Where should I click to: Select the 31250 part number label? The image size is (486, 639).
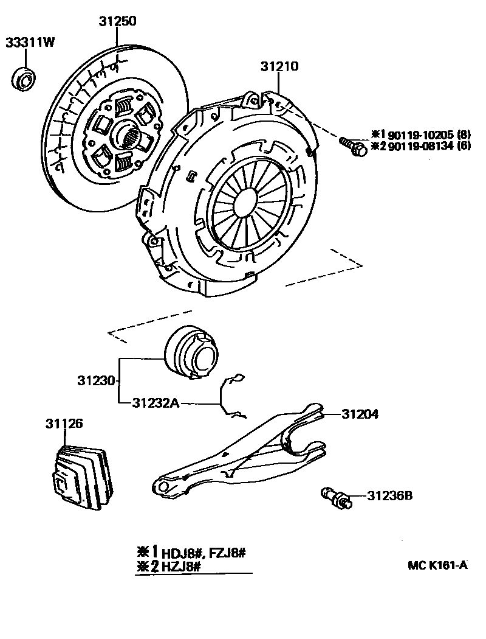(x=118, y=21)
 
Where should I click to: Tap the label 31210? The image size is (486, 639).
(x=279, y=66)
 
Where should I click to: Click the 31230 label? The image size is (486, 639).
(x=96, y=381)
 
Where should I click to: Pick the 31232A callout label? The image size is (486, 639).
(x=156, y=402)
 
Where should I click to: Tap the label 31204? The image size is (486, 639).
(x=360, y=414)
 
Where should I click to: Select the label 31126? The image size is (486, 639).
(x=63, y=423)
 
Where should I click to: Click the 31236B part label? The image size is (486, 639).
(x=390, y=496)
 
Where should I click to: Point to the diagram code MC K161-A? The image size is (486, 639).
(x=437, y=565)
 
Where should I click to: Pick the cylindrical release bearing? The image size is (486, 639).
(x=191, y=353)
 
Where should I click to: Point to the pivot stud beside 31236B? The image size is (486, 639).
(x=336, y=497)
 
